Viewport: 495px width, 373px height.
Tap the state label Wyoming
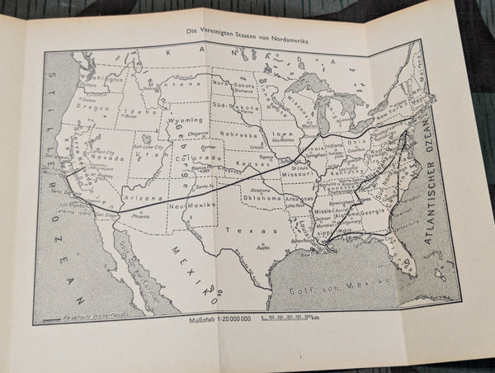pos(186,119)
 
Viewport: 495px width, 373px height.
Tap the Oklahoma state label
pos(262,198)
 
